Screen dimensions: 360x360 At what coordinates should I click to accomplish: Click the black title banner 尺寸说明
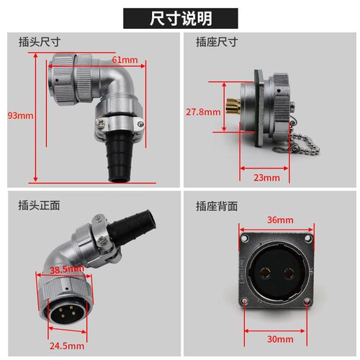click(x=181, y=19)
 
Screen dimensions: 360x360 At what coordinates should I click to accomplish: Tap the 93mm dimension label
click(x=20, y=116)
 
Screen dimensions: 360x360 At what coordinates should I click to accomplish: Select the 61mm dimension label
click(x=125, y=60)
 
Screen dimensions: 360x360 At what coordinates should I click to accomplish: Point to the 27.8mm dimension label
click(x=203, y=112)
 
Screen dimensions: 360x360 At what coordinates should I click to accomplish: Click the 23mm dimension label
click(x=266, y=178)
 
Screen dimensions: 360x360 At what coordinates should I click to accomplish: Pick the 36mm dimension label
click(x=280, y=220)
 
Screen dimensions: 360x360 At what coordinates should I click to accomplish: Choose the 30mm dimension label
click(x=280, y=339)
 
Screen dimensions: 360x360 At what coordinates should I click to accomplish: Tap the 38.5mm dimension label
click(x=67, y=269)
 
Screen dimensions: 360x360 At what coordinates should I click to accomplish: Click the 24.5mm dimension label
click(x=67, y=346)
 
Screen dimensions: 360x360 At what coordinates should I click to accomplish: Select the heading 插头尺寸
click(x=40, y=42)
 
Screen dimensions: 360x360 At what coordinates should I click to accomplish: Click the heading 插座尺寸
click(x=217, y=42)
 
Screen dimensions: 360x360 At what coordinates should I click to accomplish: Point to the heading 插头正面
click(x=39, y=205)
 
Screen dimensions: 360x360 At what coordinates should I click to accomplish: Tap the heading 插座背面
click(x=217, y=206)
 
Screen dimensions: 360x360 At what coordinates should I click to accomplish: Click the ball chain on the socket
click(x=305, y=144)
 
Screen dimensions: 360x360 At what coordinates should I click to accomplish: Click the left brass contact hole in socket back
click(x=266, y=273)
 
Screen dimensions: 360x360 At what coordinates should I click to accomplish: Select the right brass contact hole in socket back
click(x=289, y=273)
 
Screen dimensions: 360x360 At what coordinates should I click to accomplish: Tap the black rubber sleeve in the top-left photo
click(x=120, y=157)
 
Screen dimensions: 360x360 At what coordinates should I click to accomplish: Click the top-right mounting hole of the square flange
click(x=308, y=238)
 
